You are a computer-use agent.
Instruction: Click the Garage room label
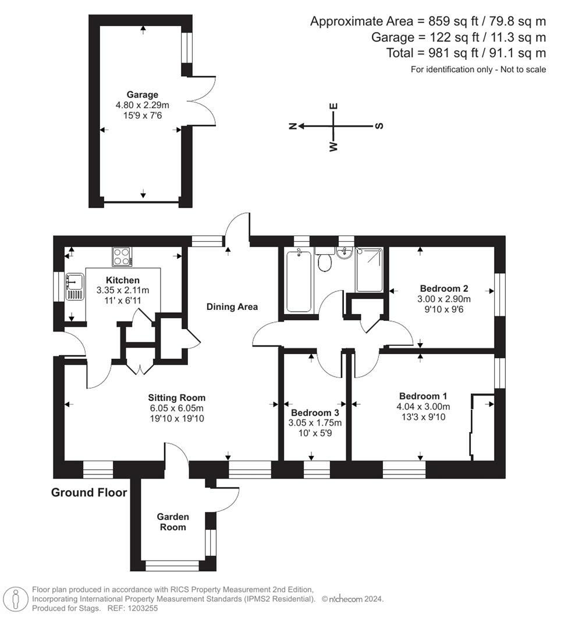coord(143,95)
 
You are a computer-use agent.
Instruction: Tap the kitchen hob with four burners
coord(122,257)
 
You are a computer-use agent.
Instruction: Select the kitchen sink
coord(74,287)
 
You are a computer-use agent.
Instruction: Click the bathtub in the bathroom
coord(299,280)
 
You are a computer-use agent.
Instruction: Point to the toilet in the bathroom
coord(324,258)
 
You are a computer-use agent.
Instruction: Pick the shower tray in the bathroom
coord(369,270)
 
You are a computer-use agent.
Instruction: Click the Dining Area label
coord(232,307)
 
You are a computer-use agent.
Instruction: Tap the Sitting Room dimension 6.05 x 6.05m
coord(177,408)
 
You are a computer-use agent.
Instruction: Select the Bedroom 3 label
coord(315,412)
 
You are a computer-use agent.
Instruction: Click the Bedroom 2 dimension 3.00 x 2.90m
coord(444,299)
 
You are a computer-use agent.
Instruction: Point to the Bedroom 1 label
coord(423,396)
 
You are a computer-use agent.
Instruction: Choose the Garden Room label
coord(173,522)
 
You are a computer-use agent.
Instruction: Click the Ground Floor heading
coord(89,493)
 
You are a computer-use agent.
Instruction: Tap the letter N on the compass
coord(293,126)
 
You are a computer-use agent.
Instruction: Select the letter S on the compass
coord(379,126)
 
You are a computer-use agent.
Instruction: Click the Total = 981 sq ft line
coord(466,53)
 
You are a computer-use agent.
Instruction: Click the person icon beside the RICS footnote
coord(16,600)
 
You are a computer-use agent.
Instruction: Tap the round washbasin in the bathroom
coord(344,253)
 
